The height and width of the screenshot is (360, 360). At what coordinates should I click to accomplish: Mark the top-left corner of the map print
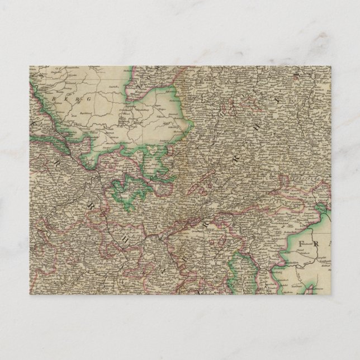30,66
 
